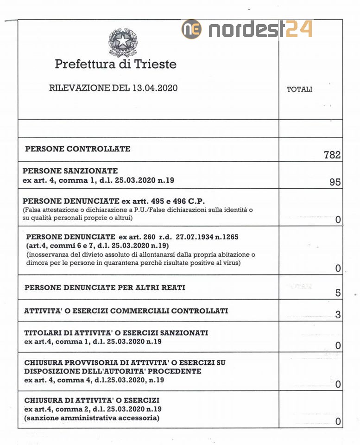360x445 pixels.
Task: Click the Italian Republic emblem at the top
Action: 123,41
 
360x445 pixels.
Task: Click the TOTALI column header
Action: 299,89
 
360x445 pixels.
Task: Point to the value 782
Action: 332,155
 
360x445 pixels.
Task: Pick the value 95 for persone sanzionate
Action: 335,182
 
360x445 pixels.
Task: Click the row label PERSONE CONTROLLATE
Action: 78,149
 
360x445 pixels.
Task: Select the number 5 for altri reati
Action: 338,292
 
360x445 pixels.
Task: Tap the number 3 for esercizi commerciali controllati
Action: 338,315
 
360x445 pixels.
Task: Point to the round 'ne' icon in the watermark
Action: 191,29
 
